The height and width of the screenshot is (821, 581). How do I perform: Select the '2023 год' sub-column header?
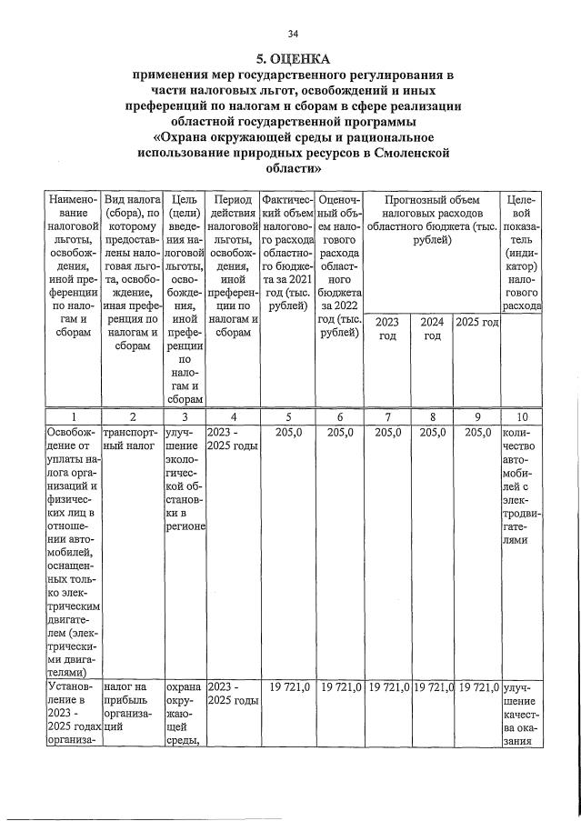tap(386, 328)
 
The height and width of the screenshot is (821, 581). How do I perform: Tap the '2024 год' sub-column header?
tap(432, 328)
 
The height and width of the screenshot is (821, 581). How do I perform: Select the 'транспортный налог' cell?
tap(131, 440)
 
